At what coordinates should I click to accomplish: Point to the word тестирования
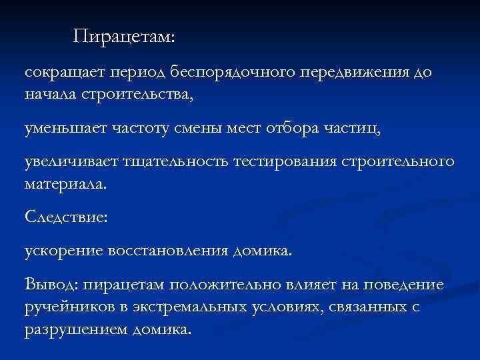click(x=285, y=163)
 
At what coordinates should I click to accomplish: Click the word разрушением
click(x=66, y=330)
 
